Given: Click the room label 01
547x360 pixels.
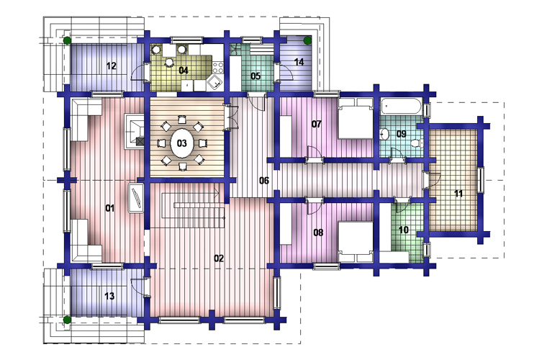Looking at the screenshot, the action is [x=110, y=208].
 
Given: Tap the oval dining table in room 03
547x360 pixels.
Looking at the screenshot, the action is [x=182, y=143].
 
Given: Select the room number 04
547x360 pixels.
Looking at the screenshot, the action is [x=184, y=71].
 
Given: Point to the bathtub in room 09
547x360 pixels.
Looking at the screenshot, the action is [x=401, y=106].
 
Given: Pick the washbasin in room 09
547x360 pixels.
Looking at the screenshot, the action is [x=384, y=134].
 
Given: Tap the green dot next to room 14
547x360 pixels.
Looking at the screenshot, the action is [x=307, y=40].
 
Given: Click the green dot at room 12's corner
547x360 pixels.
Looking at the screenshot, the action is [x=68, y=40].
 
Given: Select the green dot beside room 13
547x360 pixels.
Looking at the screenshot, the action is [x=68, y=320].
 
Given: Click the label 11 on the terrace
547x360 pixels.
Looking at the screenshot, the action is [x=458, y=193].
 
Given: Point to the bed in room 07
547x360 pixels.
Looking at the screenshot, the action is [x=356, y=118].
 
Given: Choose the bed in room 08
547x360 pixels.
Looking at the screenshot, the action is [x=356, y=242].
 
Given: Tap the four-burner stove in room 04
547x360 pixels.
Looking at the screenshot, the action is [x=218, y=67].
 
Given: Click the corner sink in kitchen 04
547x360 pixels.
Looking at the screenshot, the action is [x=214, y=83].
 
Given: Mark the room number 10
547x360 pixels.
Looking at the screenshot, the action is [x=403, y=230].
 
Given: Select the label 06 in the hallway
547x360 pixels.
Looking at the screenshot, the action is [x=264, y=180].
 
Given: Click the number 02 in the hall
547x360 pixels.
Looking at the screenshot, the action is [x=219, y=258].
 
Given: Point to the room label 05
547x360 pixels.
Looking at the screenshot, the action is [x=256, y=76].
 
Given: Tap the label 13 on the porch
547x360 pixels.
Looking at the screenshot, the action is [x=109, y=296].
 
